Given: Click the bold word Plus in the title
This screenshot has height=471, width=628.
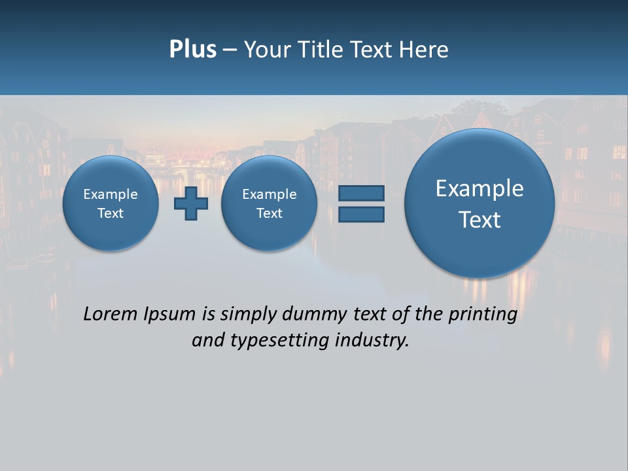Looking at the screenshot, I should coord(192,50).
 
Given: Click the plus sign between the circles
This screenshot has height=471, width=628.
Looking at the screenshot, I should coord(191,203).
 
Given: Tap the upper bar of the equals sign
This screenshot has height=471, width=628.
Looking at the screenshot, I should coord(360,193).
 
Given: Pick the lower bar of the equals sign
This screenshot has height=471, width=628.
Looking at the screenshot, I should coord(360,214).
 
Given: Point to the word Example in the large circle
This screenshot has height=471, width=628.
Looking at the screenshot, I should coord(480,188).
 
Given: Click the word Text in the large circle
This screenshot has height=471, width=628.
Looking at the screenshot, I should coord(480,220).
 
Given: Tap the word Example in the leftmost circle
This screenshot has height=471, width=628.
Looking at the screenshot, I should coord(111,194).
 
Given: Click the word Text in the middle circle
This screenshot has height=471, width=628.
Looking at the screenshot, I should coord(269,213).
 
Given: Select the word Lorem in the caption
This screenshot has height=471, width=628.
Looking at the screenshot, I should coord(109,314).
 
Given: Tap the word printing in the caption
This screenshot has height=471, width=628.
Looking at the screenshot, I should coord(482,315).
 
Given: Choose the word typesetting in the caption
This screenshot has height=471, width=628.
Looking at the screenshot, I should coord(277,341).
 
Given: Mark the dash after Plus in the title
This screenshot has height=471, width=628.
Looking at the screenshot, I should coord(230,50).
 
